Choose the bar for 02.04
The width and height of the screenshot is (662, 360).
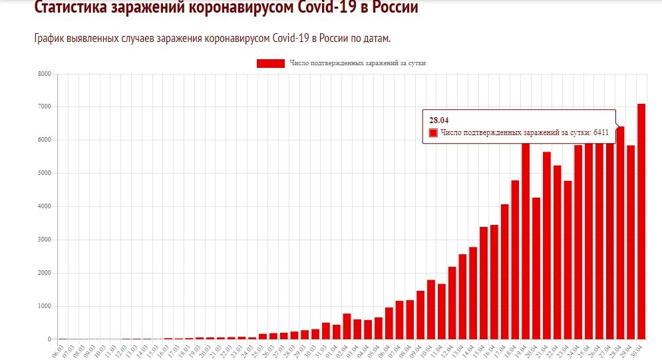pos(347,326)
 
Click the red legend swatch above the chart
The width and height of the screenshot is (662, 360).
pos(270,63)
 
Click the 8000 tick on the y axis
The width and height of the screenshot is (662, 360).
pos(44,74)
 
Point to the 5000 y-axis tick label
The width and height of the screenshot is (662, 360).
pos(44,174)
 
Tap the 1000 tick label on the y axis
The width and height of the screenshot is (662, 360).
pos(44,307)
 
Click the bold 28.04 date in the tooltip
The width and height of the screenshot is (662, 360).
pos(438,120)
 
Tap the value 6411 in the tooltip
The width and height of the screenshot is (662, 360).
pos(601,133)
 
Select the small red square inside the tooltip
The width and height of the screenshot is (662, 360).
pos(433,133)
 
